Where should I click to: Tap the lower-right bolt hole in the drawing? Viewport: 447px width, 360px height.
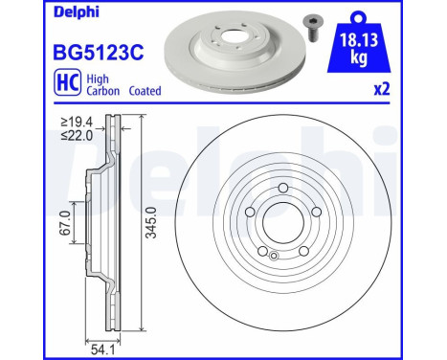302,251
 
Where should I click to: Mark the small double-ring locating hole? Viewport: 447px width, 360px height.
276,256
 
